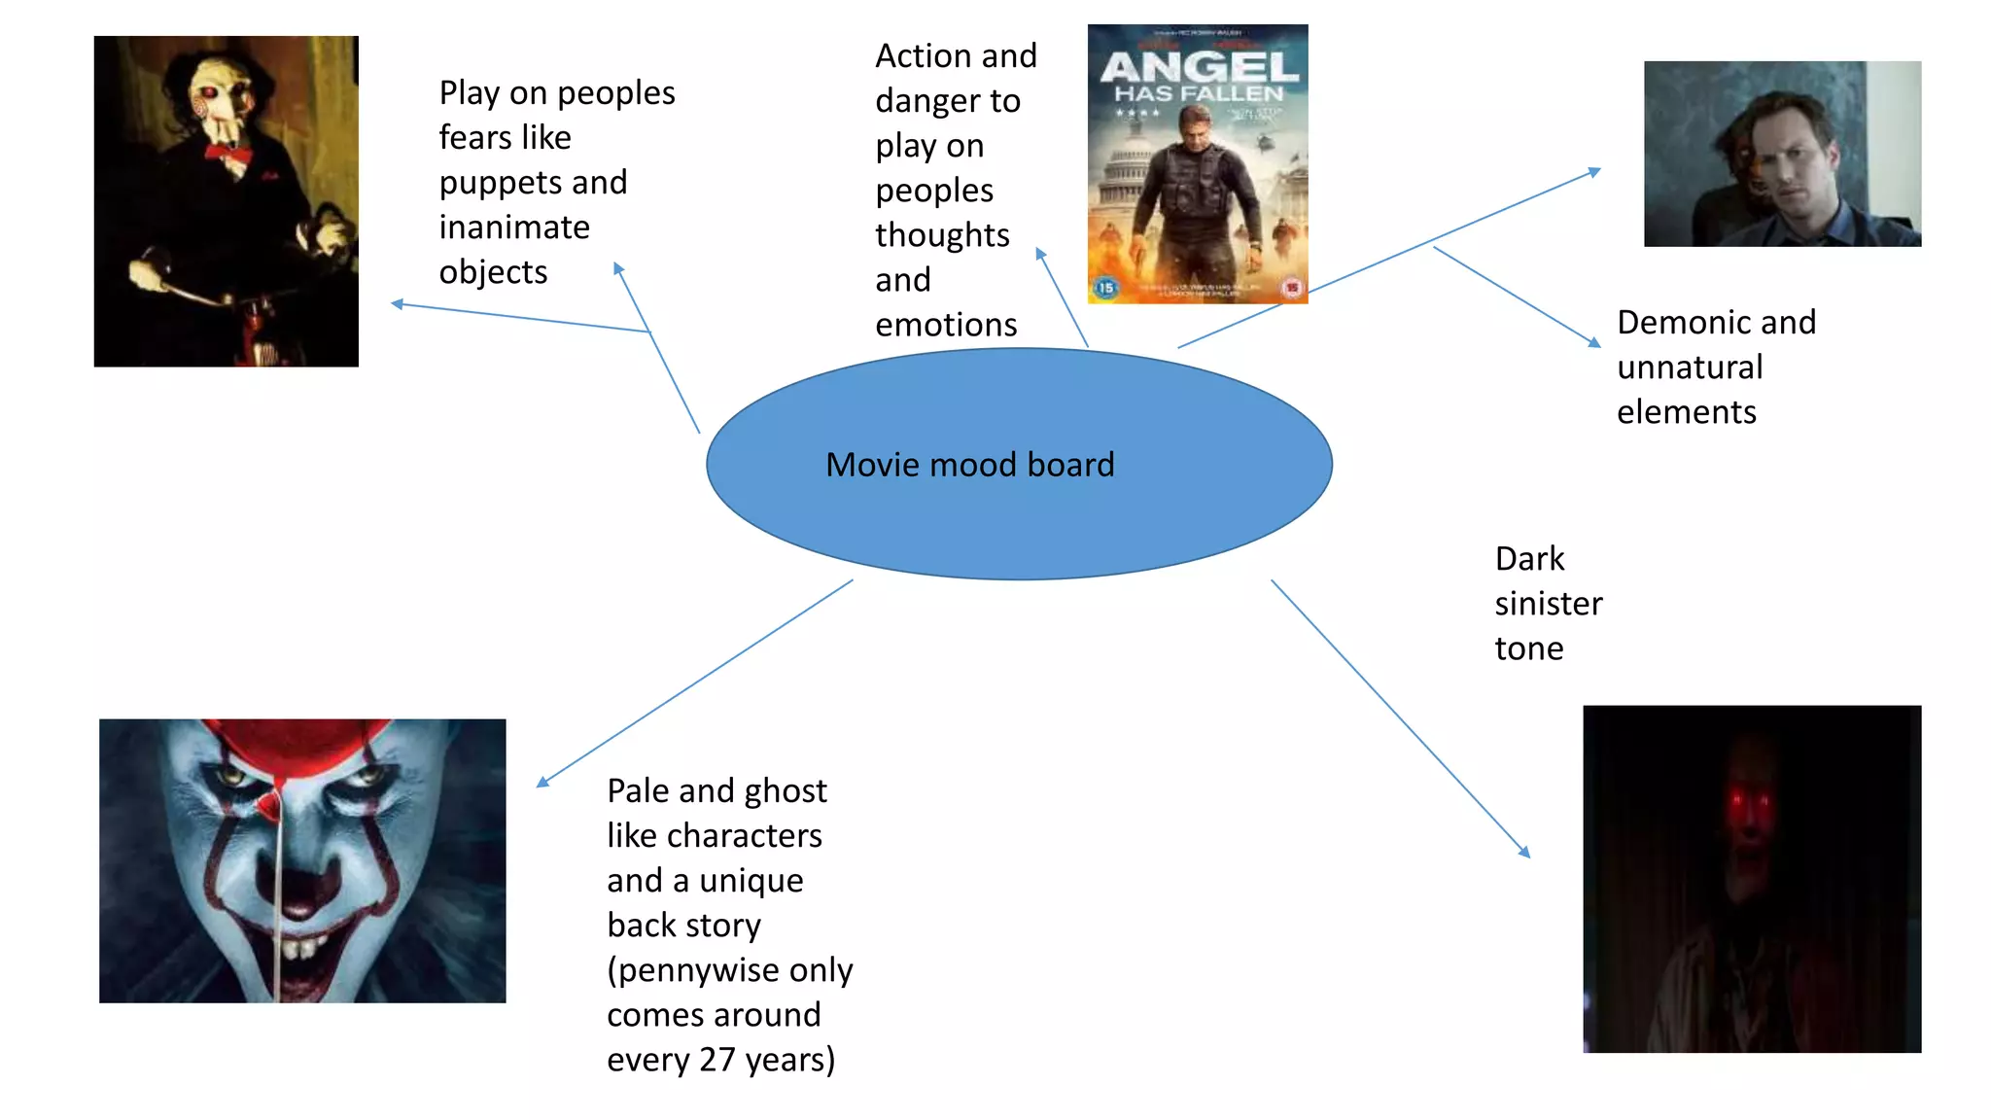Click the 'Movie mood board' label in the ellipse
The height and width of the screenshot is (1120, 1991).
click(x=969, y=465)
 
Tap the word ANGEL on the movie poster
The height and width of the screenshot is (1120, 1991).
click(x=1199, y=67)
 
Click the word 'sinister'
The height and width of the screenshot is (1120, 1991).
click(x=1548, y=604)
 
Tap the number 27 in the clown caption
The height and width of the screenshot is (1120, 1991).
click(x=717, y=1059)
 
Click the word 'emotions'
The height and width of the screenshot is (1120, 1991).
click(x=946, y=324)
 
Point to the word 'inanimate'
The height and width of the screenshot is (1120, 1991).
click(x=514, y=227)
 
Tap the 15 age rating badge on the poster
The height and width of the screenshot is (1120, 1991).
click(x=1105, y=288)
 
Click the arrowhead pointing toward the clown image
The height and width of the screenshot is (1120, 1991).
click(x=542, y=783)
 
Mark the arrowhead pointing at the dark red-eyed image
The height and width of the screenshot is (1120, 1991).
click(x=1525, y=853)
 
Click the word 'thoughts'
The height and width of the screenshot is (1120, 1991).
click(x=942, y=235)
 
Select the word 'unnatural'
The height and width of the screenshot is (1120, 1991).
click(x=1689, y=367)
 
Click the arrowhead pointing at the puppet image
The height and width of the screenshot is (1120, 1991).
click(x=397, y=304)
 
